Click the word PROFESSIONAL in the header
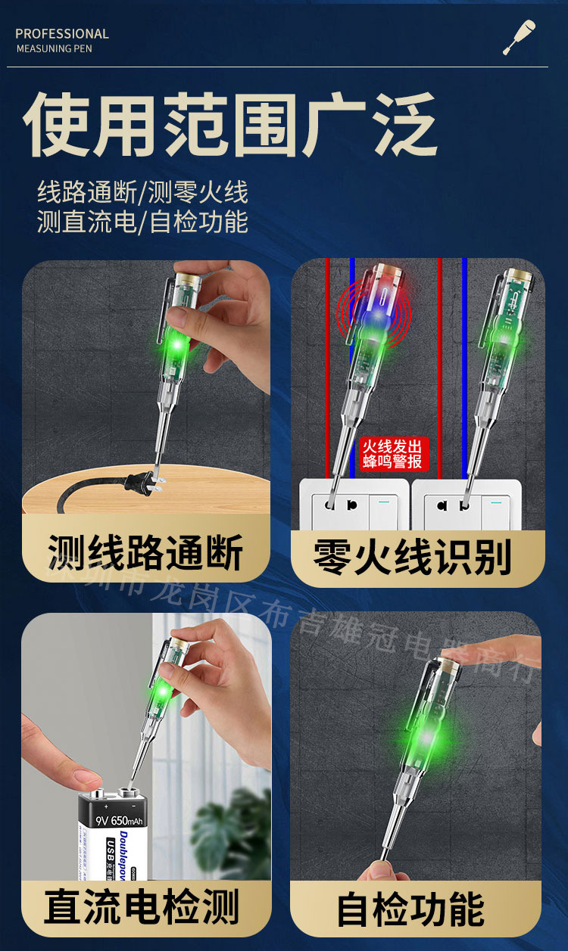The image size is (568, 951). pos(62,34)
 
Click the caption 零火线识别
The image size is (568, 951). pos(413,558)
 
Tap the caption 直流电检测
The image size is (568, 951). pos(142,906)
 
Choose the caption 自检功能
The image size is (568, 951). pos(410,909)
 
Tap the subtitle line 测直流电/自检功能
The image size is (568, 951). pos(142,222)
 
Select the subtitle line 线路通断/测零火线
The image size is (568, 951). pos(142,191)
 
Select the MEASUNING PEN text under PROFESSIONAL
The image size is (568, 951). pos(54,49)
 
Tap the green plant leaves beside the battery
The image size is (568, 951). pos(235,832)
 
